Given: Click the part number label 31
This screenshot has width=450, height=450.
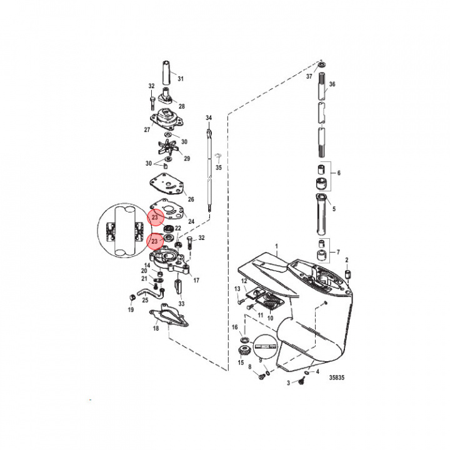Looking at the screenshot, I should point(181,79).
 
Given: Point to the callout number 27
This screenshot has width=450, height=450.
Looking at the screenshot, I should point(147,130).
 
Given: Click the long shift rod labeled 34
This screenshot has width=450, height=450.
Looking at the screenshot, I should point(209,169).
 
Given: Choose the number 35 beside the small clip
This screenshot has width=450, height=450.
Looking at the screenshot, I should point(218,168).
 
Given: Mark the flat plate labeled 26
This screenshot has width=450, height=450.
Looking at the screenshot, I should point(166,185).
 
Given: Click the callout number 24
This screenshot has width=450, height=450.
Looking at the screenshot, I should point(191,221).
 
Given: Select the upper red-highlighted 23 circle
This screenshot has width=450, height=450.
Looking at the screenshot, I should point(155,217).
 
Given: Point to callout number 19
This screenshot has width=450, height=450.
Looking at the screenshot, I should point(131,309).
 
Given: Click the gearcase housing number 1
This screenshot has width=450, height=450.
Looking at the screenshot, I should point(277,247).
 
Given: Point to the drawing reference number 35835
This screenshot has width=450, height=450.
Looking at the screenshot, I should point(336,377).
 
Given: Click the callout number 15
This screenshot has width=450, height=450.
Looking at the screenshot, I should point(241,363).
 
